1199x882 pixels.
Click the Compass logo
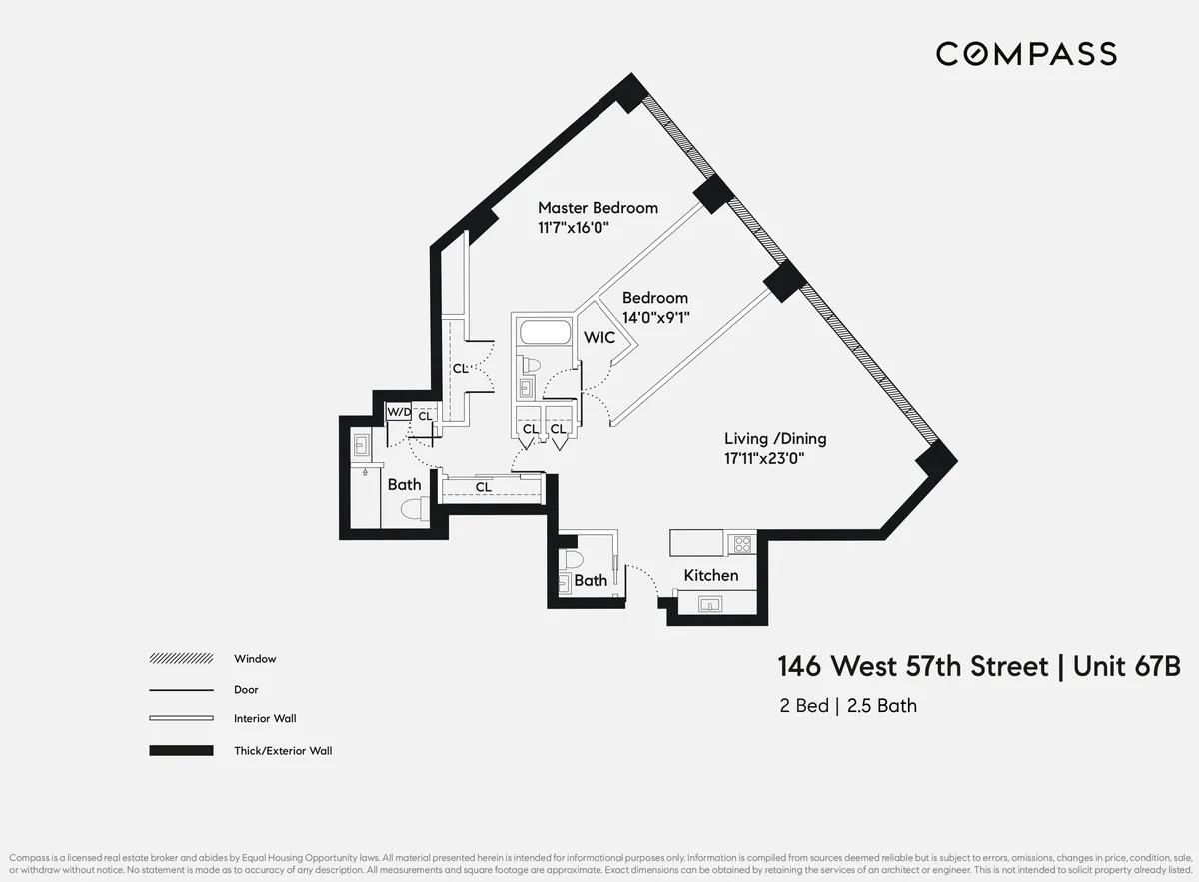coord(1026,53)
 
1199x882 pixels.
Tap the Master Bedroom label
coord(598,208)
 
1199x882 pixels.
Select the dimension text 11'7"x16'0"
coord(574,228)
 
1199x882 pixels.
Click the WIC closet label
coord(599,338)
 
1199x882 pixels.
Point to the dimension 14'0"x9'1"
coord(656,318)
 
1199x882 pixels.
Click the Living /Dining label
coord(775,438)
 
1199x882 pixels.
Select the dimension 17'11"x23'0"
coord(764,459)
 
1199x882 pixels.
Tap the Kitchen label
coord(710,575)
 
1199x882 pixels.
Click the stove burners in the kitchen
coord(743,544)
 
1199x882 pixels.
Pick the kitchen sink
coord(711,602)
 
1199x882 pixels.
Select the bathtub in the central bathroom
coord(544,333)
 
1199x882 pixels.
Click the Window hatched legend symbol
coord(181,659)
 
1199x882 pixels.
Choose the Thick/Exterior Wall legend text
coord(283,750)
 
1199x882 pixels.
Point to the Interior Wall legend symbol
coord(181,719)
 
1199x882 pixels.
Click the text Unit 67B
coord(1126,667)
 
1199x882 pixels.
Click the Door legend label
coord(246,690)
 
